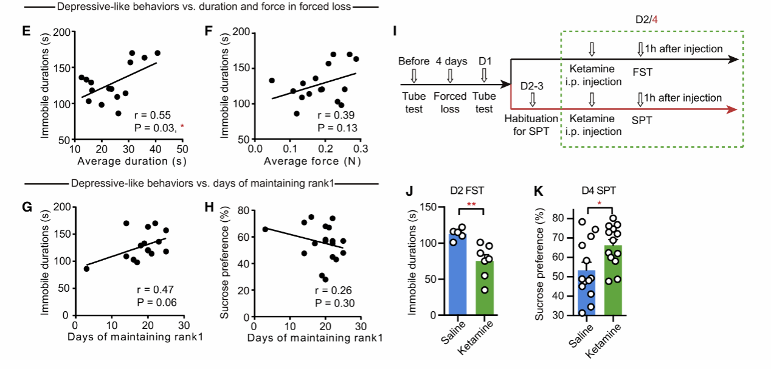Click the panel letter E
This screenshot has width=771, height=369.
coord(26,30)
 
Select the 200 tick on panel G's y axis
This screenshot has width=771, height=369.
coord(61,207)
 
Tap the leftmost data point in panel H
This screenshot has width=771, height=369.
coord(265,229)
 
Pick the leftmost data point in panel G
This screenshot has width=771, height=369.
coord(86,269)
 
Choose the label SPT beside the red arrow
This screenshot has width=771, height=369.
coord(642,120)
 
